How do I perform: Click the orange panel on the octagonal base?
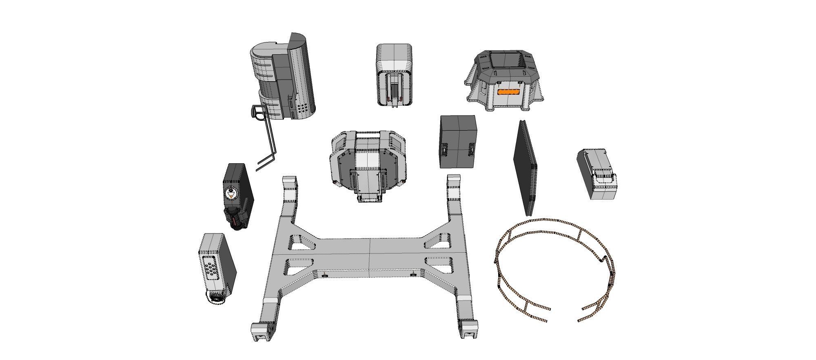[510, 92]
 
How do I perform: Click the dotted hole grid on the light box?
[211, 269]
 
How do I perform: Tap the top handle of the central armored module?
[368, 133]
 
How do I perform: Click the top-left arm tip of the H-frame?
[289, 180]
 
